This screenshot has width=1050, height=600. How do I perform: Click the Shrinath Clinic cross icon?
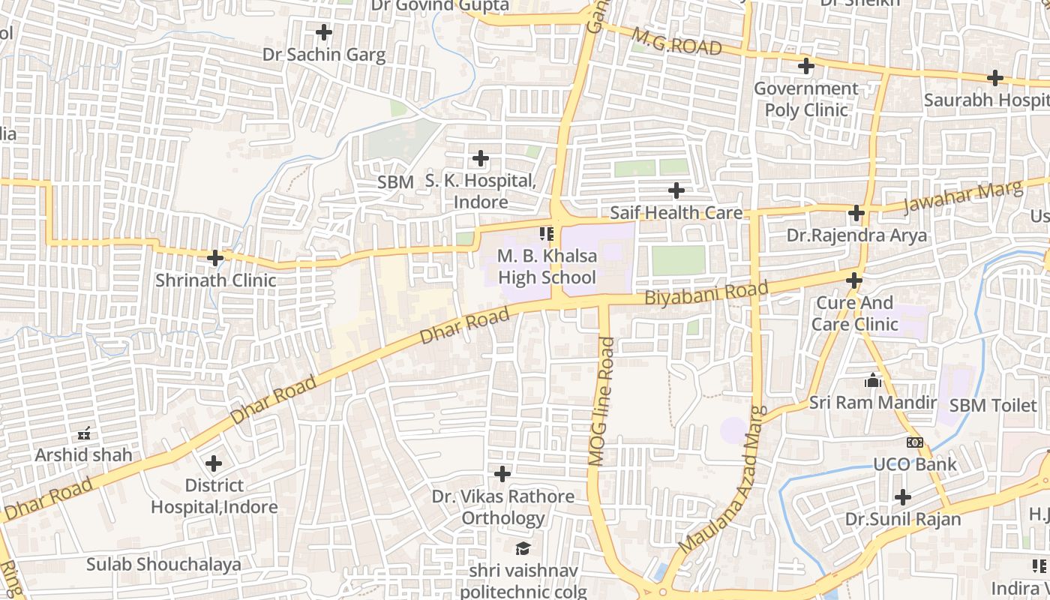coord(215,258)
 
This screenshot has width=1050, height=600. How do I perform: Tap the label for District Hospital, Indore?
coord(214,496)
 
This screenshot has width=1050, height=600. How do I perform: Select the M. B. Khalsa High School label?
coord(547,266)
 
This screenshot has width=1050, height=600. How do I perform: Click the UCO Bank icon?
coord(914,442)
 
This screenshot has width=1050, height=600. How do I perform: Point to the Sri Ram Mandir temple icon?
coord(872,381)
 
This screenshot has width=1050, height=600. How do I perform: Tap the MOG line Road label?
coord(601,401)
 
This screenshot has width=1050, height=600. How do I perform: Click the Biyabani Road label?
coord(706,293)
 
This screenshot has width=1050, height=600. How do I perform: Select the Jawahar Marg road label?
coord(963,196)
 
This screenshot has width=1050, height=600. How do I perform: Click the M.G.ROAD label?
coord(676,42)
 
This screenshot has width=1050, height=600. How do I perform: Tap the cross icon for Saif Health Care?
coord(676,190)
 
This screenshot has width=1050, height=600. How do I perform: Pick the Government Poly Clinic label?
coord(806,99)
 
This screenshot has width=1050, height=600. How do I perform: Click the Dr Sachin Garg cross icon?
coord(324,32)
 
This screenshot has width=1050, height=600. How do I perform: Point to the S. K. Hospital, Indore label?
coord(481,191)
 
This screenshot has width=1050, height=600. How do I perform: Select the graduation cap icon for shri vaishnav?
coord(523,548)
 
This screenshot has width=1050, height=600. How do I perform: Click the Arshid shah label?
coord(83,454)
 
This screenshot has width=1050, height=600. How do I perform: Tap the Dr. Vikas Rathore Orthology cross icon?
coord(502,474)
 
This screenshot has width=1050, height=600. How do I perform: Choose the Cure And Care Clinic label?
coord(854,313)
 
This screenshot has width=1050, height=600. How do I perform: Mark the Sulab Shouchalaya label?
coord(163,564)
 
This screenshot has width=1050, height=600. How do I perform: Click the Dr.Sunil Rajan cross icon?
coord(903,497)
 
